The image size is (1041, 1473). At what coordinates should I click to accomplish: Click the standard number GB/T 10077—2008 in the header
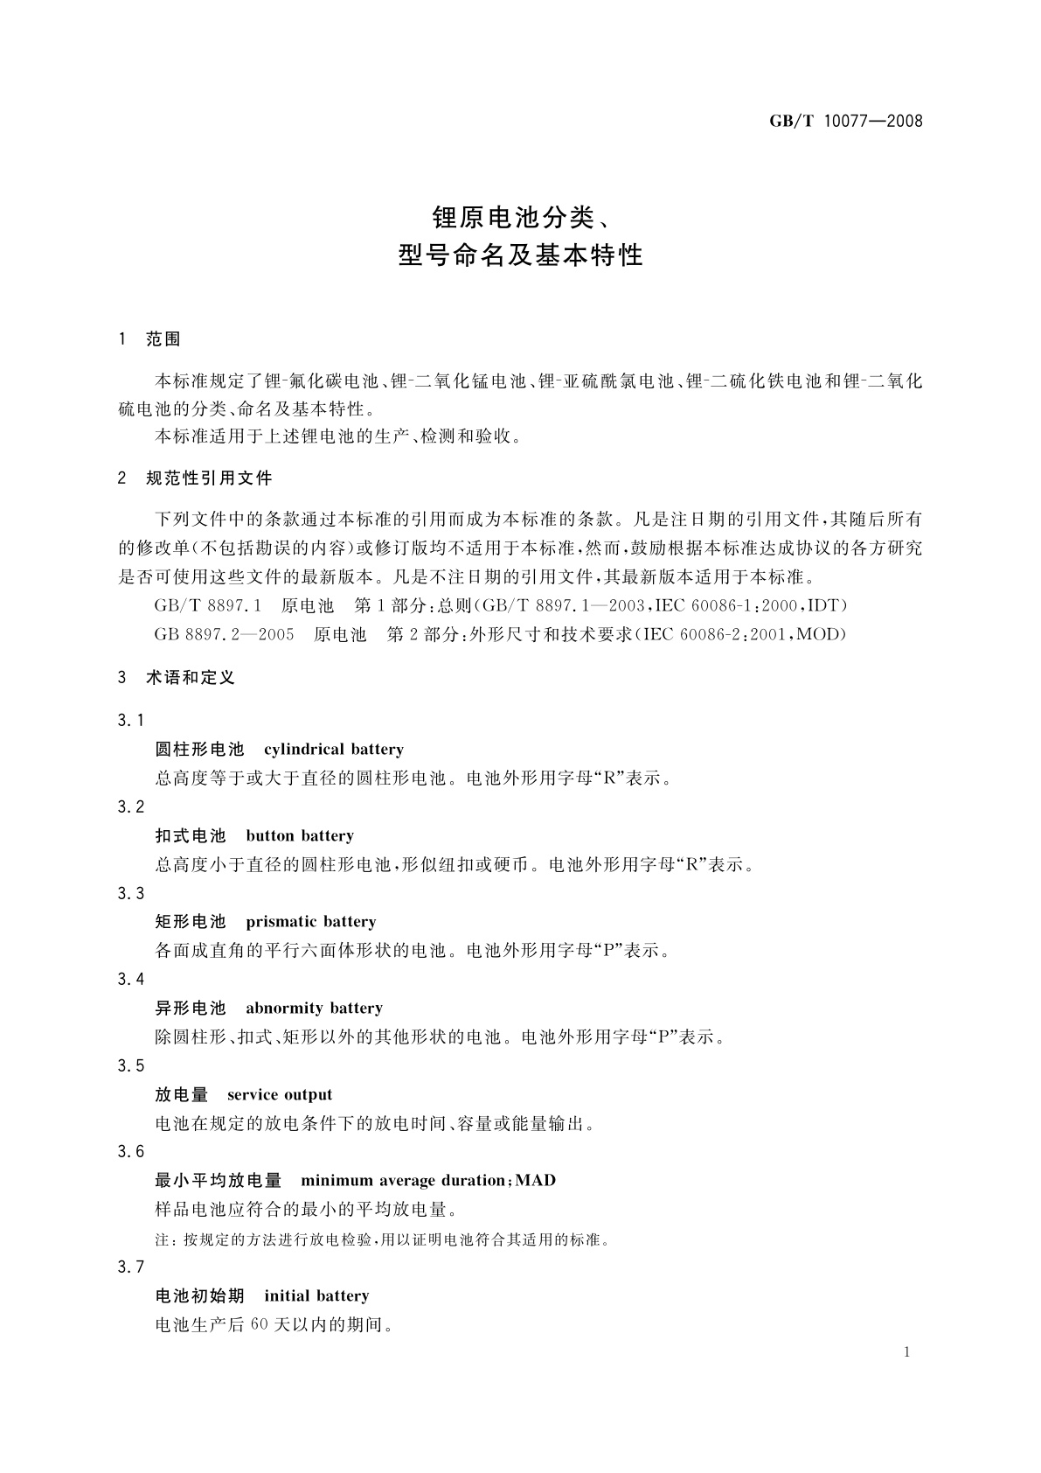pos(845,122)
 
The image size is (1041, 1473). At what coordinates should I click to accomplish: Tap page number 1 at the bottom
pos(906,1352)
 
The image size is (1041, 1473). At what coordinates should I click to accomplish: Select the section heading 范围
pos(163,339)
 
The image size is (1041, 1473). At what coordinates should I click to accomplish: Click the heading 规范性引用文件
pos(209,478)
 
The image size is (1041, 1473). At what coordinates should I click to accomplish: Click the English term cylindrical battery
pos(334,750)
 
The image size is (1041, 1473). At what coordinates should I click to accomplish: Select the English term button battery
pos(300,835)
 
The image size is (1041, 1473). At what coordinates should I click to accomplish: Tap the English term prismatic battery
pos(311,921)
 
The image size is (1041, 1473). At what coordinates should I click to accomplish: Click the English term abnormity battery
pos(315,1008)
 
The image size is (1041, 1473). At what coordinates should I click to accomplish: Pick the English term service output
pos(280,1094)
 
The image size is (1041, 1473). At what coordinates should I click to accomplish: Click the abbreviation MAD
pos(535,1180)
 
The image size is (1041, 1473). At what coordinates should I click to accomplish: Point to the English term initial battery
pos(316,1295)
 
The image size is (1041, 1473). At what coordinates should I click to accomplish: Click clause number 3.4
pos(130,979)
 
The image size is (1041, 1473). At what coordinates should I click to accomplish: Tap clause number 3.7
pos(130,1267)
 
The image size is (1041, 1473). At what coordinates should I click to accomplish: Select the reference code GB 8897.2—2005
pos(224,634)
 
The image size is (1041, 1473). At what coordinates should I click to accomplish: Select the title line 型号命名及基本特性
pos(520,255)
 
